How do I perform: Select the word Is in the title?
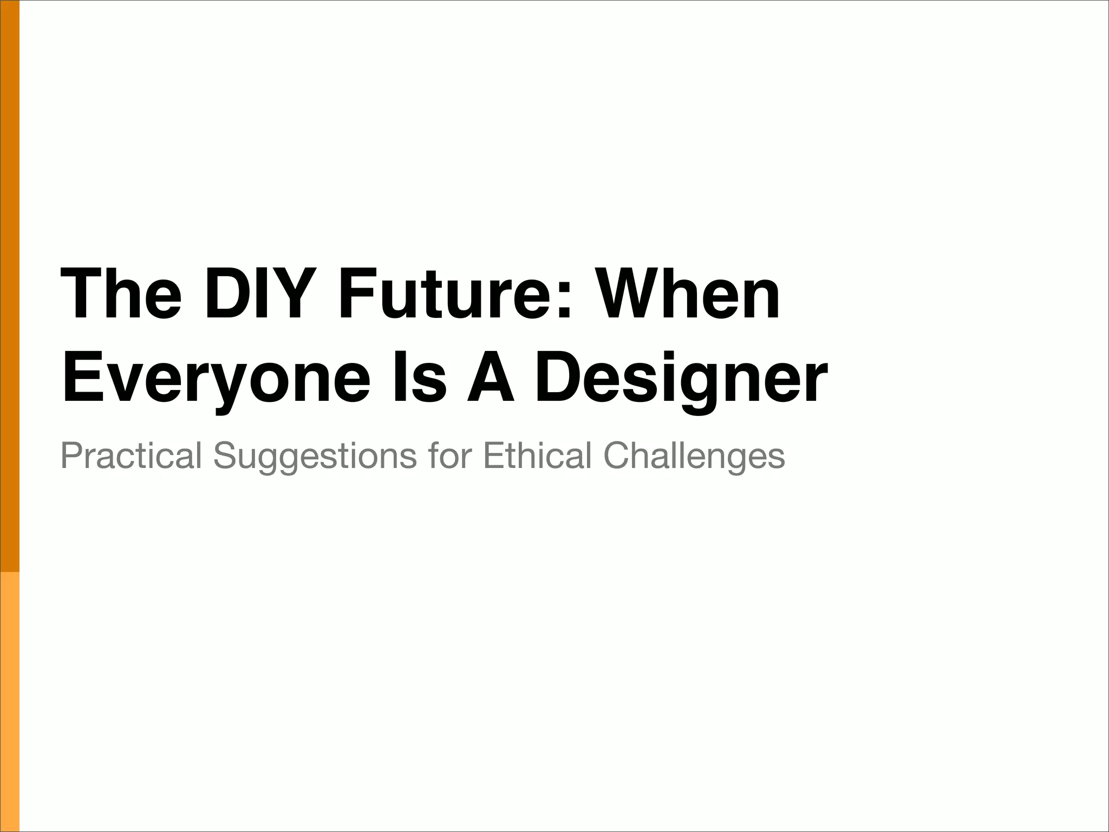(420, 378)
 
